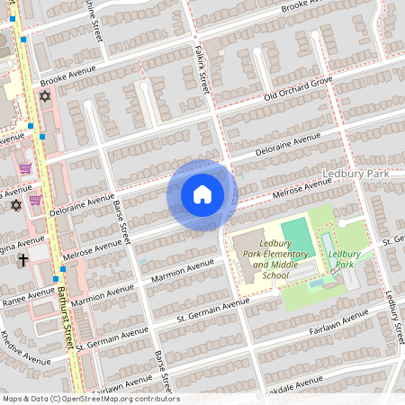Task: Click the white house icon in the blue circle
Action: [x=202, y=193]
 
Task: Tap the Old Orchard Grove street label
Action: [x=297, y=86]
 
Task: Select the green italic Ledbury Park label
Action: [x=344, y=259]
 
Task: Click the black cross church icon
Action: [x=22, y=259]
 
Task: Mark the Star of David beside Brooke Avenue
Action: [x=45, y=95]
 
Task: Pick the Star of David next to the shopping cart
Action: [x=15, y=205]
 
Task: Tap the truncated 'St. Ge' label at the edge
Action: [x=393, y=241]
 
